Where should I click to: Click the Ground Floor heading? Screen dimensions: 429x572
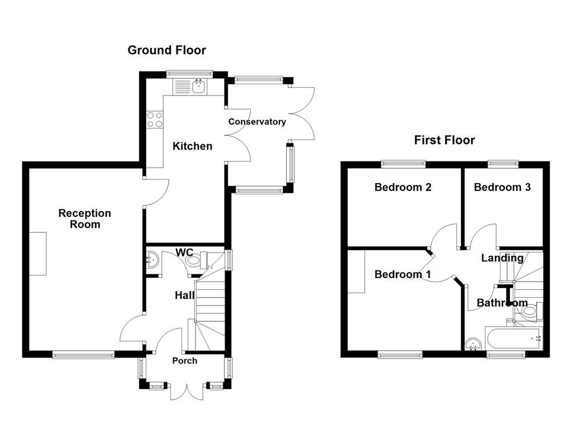point(166,50)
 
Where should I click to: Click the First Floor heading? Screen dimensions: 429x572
point(444,140)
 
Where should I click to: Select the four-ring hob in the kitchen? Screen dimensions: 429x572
point(155,120)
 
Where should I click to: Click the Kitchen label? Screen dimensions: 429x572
point(192,146)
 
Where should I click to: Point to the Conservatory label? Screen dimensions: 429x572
point(257,122)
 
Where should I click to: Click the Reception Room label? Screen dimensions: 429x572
point(84,219)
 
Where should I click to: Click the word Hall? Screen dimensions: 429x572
point(184,295)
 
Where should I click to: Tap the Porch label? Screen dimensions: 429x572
point(184,361)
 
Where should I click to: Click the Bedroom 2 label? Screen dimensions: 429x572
point(403,187)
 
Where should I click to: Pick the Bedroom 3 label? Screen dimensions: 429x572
point(502,187)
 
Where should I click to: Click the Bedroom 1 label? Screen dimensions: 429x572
point(402,274)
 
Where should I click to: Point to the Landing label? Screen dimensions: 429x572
point(502,258)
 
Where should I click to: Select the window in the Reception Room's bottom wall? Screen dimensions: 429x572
point(83,354)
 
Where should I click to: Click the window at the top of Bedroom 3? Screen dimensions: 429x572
point(502,164)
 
